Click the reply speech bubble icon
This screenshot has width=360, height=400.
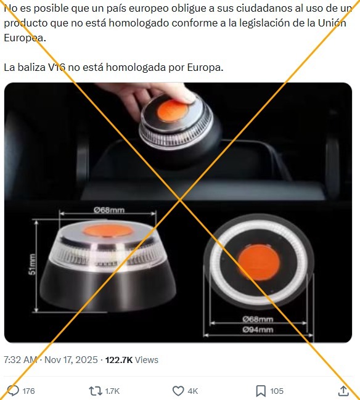(x=13, y=391)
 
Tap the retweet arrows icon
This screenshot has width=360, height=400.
(x=96, y=391)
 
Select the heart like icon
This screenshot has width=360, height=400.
(x=178, y=391)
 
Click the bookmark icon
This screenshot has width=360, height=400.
(x=261, y=391)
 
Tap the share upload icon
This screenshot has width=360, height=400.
(x=343, y=391)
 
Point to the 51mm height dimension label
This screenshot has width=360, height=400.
(x=32, y=264)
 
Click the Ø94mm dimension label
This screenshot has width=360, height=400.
(x=258, y=330)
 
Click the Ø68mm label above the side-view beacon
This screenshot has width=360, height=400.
(x=109, y=210)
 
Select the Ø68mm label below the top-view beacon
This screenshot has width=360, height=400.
(x=258, y=319)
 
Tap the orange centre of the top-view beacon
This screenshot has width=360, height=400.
(x=258, y=262)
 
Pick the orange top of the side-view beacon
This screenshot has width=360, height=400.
(x=108, y=231)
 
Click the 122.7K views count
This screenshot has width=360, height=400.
(x=119, y=360)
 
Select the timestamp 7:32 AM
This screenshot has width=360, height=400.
(x=21, y=360)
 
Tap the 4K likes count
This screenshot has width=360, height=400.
(x=193, y=391)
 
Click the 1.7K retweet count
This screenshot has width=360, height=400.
(x=112, y=391)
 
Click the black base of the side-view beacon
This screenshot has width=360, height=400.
(x=108, y=286)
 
